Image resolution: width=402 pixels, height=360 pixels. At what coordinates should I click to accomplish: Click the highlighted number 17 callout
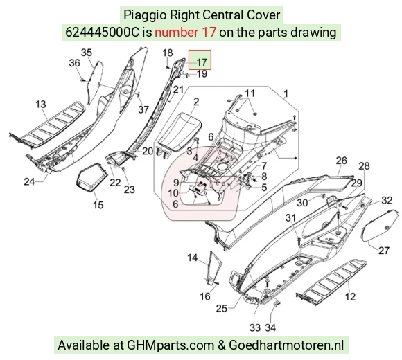(x=202, y=62)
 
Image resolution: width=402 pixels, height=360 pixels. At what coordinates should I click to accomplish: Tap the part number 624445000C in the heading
(x=103, y=33)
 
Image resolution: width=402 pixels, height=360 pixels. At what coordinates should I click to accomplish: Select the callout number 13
(x=40, y=105)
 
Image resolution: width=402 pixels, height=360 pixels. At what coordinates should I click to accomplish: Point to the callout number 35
(x=87, y=53)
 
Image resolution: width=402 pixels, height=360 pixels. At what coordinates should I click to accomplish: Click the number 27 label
(x=384, y=251)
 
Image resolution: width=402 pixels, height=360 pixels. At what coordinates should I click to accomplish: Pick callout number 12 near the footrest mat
(x=350, y=297)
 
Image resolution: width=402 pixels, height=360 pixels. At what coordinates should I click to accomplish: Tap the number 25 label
(x=222, y=308)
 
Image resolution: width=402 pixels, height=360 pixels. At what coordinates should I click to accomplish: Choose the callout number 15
(x=98, y=205)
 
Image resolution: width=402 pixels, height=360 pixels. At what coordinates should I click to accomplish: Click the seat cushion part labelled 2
(x=180, y=133)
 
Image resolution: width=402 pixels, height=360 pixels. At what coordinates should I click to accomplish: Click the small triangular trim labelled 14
(x=213, y=267)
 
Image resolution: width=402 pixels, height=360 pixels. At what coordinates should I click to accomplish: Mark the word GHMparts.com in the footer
(x=171, y=345)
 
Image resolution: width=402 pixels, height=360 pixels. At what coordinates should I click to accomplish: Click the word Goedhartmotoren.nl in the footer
(x=286, y=345)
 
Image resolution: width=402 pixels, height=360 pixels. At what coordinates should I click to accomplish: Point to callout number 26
(x=342, y=161)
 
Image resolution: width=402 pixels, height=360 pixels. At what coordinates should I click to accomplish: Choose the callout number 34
(x=270, y=327)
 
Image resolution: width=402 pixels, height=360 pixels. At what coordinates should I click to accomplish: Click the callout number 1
(x=286, y=93)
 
